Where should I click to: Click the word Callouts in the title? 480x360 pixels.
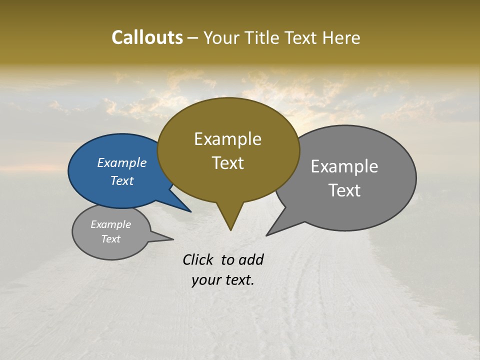[x=147, y=37]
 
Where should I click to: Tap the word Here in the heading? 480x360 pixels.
[x=341, y=37]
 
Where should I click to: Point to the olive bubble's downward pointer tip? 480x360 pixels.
[x=230, y=230]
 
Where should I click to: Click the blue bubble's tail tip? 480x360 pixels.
[x=190, y=211]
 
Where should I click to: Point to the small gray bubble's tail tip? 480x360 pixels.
[x=173, y=239]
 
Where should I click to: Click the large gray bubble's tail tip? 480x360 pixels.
[x=267, y=235]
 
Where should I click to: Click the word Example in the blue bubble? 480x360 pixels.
[x=122, y=163]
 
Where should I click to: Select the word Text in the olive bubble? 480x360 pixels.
[x=228, y=163]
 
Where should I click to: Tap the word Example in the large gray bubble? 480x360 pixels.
[x=344, y=166]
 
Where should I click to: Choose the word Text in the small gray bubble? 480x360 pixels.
[x=111, y=239]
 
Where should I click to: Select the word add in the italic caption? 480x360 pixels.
[x=250, y=259]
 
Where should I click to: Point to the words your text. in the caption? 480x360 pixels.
[x=223, y=280]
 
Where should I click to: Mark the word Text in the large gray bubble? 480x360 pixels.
[x=344, y=190]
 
